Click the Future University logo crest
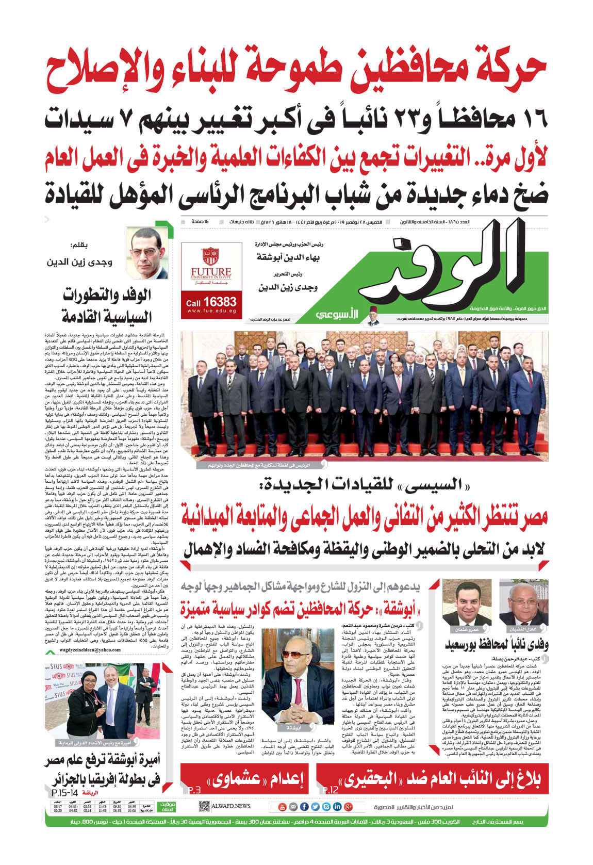point(210,256)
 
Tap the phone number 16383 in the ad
point(219,302)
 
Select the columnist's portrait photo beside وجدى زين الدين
point(148,254)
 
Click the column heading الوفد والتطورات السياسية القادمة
point(107,305)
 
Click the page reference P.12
point(330,790)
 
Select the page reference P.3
point(193,790)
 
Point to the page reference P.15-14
point(65,793)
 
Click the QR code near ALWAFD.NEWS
point(204,806)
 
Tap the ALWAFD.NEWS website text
point(230,806)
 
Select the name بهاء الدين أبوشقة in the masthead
point(288,257)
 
